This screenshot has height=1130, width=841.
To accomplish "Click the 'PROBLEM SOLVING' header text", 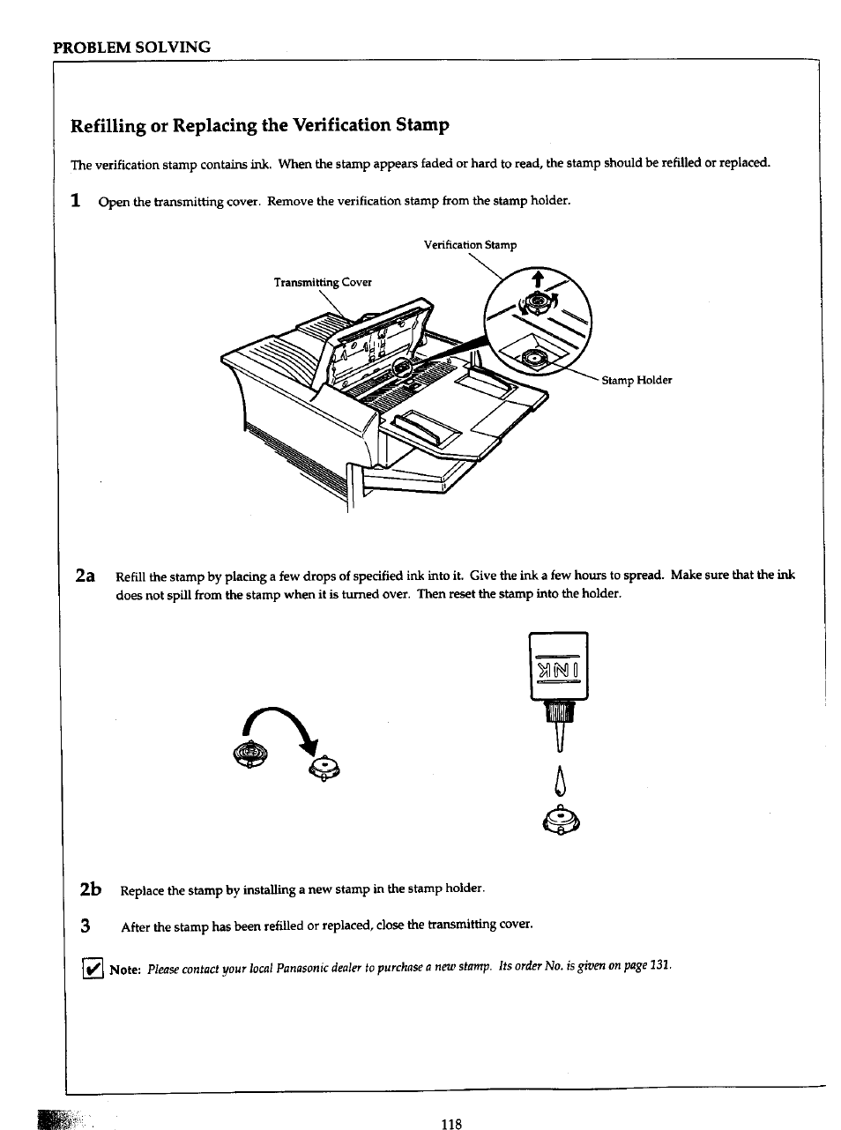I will click(x=132, y=47).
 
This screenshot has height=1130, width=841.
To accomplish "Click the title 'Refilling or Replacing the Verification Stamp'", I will click(x=260, y=124).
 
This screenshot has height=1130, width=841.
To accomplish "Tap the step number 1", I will click(x=78, y=200).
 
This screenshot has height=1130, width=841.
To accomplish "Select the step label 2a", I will click(x=86, y=576).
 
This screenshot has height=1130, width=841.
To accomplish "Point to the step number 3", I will click(x=86, y=926).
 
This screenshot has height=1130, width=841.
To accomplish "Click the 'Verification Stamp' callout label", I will click(x=470, y=245).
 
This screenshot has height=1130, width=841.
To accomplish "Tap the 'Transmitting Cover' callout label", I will click(x=323, y=282).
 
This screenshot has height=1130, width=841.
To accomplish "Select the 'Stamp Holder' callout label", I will click(x=636, y=380).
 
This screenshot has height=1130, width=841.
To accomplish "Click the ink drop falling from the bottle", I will click(x=557, y=780).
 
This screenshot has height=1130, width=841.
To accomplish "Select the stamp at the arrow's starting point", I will click(x=249, y=756).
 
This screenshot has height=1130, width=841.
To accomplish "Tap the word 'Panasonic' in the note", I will click(x=303, y=969).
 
